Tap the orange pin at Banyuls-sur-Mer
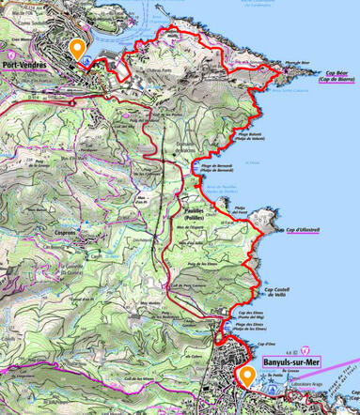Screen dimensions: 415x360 247,377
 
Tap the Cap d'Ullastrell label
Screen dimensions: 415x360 305,229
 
